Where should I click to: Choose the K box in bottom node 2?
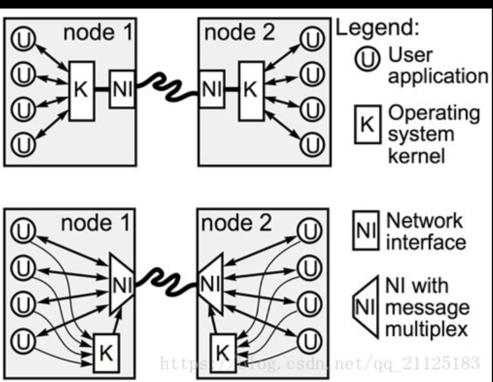click(x=222, y=352)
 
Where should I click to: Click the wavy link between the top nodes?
click(x=166, y=89)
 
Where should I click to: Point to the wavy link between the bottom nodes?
click(x=165, y=282)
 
